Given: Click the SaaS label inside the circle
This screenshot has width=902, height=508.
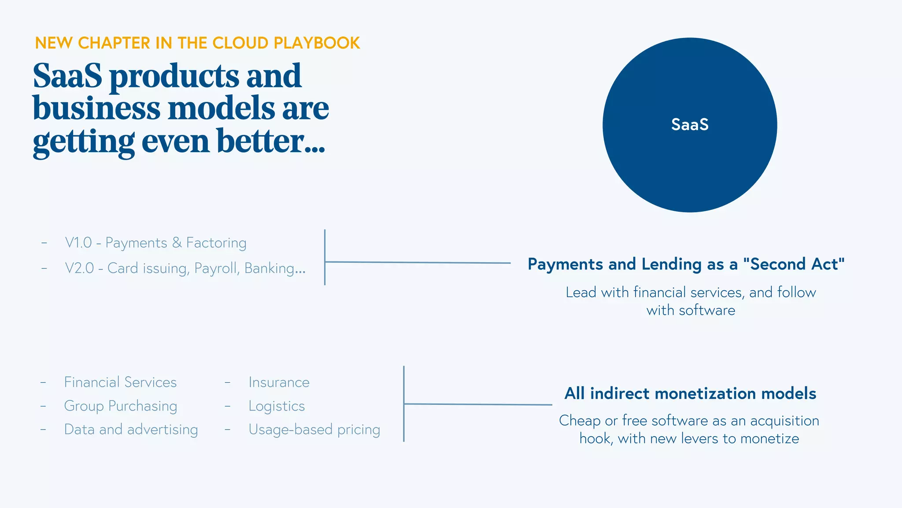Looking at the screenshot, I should click(x=690, y=125).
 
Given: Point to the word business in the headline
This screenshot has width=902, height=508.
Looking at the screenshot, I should click(x=96, y=108).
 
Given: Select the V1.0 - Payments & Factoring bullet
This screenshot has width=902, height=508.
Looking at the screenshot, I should click(x=155, y=243).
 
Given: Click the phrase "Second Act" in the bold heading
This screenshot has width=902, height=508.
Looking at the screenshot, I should click(x=794, y=264).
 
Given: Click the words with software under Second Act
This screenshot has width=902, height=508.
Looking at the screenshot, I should click(x=691, y=310).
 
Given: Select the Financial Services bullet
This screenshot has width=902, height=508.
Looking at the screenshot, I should click(x=120, y=382).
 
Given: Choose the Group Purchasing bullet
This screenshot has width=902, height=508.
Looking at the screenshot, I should click(x=120, y=406).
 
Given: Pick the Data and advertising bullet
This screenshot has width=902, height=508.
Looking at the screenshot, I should click(x=131, y=430).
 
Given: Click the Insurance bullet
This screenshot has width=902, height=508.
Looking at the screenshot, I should click(x=279, y=382).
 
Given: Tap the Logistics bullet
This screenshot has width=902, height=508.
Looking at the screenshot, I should click(x=277, y=406).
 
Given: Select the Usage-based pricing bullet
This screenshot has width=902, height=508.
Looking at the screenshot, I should click(x=314, y=430).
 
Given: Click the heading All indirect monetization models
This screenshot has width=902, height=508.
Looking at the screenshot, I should click(x=690, y=393).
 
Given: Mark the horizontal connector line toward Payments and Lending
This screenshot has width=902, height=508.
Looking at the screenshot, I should click(x=418, y=262).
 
